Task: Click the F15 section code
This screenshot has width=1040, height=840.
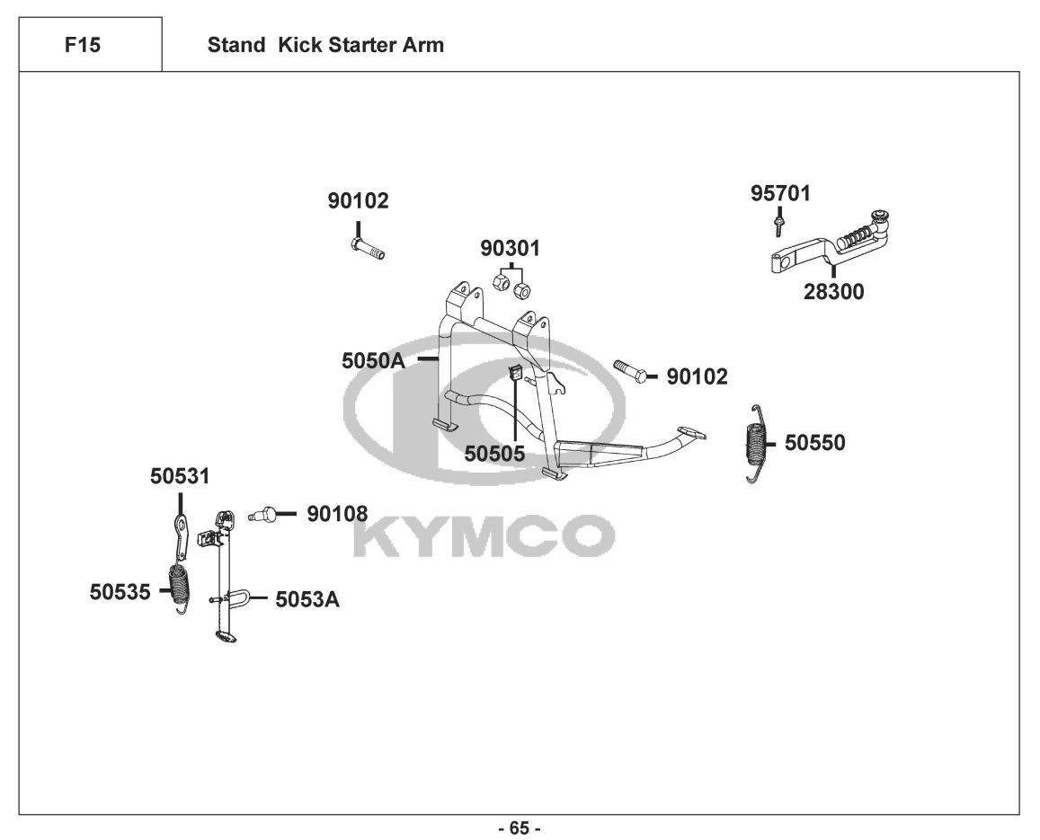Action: pos(83,45)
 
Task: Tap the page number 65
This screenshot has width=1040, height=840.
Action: pos(520,827)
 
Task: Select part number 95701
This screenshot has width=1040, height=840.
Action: pos(780,193)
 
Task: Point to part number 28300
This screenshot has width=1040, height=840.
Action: pos(833,291)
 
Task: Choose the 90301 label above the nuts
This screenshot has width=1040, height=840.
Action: pos(510,248)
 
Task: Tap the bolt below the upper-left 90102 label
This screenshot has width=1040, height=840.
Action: pos(367,247)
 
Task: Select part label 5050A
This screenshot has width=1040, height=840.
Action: pos(373,360)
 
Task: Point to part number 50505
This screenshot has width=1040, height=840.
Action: pos(494,454)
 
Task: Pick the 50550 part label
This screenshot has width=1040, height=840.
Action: pos(814,442)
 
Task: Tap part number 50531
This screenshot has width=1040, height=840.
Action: pos(180,476)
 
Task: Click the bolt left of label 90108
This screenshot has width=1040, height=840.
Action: pos(263,515)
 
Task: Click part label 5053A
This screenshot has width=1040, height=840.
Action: pos(307,598)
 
